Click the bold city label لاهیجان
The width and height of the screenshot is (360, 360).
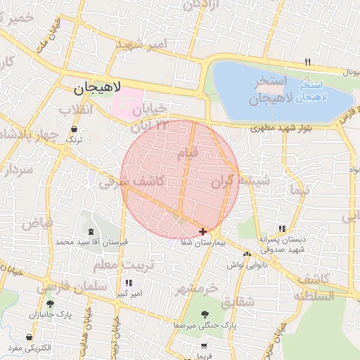98,89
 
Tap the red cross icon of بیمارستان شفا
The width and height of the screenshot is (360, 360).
203,231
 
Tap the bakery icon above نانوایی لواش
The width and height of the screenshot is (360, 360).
247,254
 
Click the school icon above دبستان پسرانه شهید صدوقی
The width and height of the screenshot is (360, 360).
282,229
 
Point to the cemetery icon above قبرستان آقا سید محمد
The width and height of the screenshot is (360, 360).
90,231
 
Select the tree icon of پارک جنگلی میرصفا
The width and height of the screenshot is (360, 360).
204,314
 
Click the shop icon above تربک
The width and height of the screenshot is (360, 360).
75,129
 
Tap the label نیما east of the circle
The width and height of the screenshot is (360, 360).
298,191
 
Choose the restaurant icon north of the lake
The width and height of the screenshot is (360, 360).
307,63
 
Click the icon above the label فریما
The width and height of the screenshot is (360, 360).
204,346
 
